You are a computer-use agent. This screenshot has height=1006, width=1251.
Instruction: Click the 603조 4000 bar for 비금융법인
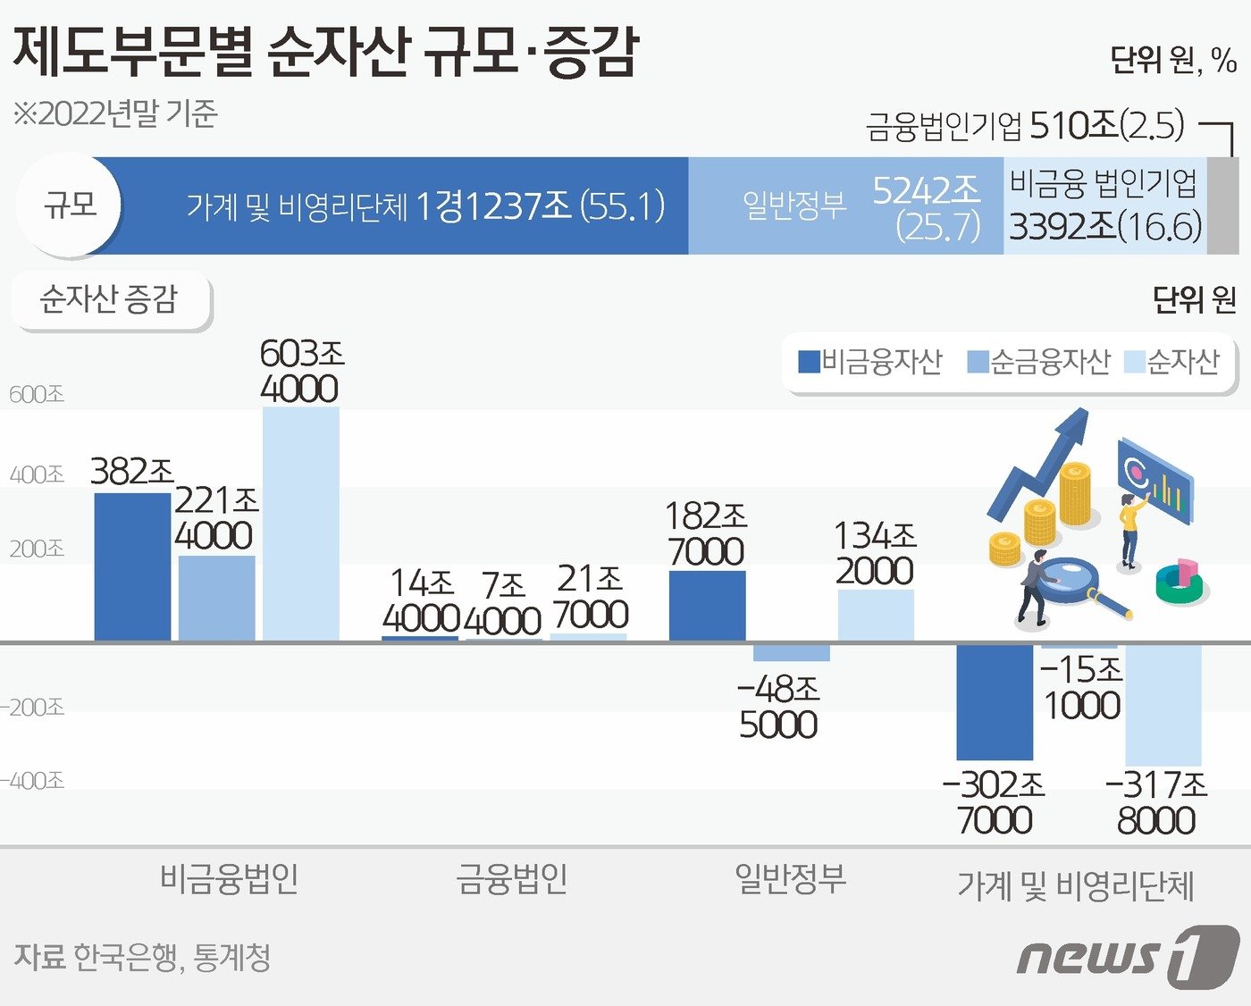(301, 524)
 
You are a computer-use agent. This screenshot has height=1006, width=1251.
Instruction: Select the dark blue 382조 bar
(132, 566)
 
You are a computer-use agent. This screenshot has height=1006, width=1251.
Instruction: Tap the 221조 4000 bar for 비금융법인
(216, 598)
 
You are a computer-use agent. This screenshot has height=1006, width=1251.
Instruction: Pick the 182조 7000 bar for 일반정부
(707, 606)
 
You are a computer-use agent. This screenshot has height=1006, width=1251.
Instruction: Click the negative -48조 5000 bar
(791, 652)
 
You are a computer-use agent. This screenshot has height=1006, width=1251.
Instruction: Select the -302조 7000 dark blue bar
(995, 701)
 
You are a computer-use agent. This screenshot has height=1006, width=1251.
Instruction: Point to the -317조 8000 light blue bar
(1163, 704)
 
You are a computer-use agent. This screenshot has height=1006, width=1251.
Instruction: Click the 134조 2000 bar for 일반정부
(876, 615)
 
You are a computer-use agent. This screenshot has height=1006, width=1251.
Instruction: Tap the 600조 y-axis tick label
(37, 394)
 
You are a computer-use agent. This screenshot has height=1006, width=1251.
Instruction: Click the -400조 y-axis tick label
(33, 781)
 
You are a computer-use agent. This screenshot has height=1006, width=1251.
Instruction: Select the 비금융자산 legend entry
(871, 362)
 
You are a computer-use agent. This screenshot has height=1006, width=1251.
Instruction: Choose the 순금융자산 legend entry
(1039, 362)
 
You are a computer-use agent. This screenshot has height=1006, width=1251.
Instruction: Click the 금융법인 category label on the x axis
(512, 879)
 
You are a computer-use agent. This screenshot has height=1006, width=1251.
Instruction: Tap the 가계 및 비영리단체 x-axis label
(1075, 886)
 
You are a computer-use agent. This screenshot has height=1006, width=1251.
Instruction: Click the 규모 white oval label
(70, 205)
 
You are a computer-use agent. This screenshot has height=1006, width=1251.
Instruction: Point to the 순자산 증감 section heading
(110, 299)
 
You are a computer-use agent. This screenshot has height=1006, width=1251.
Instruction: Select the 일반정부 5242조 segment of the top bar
(845, 206)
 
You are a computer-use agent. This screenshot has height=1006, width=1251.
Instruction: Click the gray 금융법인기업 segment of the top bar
(1222, 206)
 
